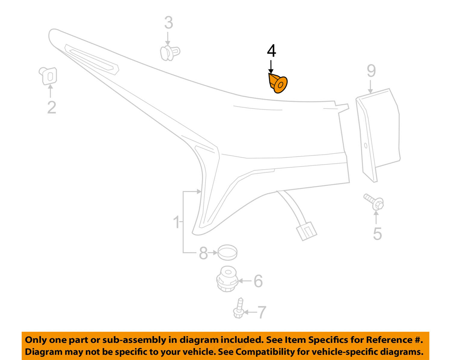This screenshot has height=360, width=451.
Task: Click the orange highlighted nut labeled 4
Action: coord(278,83)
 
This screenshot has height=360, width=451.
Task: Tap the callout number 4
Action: coord(271,51)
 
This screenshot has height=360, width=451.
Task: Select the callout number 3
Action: coord(168,23)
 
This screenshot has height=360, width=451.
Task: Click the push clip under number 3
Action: coord(169,53)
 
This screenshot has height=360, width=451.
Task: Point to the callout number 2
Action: coord(51,107)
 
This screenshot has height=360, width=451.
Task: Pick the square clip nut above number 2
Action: coord(48,76)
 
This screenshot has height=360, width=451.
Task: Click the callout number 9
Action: coord(371,71)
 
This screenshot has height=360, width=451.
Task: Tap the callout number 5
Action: coord(377,234)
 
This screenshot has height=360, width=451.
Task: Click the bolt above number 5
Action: coord(374,202)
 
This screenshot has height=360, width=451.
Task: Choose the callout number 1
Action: coord(177,223)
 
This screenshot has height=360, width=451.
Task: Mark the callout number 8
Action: coord(204,253)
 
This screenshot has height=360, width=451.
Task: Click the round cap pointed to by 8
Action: coord(227,252)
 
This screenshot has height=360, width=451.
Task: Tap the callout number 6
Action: coord(258,281)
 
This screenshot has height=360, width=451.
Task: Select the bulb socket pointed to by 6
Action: coord(227,279)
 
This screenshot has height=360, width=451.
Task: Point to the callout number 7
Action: coord(262,312)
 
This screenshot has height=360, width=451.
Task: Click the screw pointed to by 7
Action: coord(239,309)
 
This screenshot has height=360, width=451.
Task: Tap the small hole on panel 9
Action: coord(366,146)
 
